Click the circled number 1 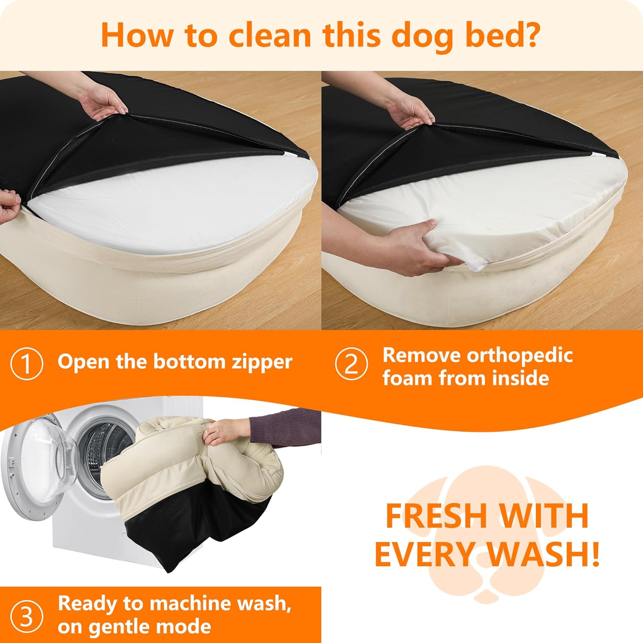27,364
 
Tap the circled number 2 352,364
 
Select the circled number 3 27,617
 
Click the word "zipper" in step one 262,363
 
